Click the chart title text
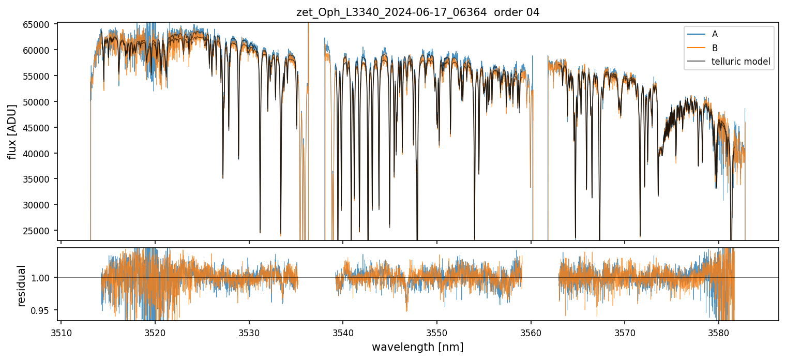[x=418, y=12]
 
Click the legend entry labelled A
[x=715, y=34]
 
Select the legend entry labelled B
[x=715, y=48]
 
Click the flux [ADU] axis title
[x=12, y=132]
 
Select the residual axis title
[x=22, y=286]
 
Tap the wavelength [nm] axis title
[x=417, y=347]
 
